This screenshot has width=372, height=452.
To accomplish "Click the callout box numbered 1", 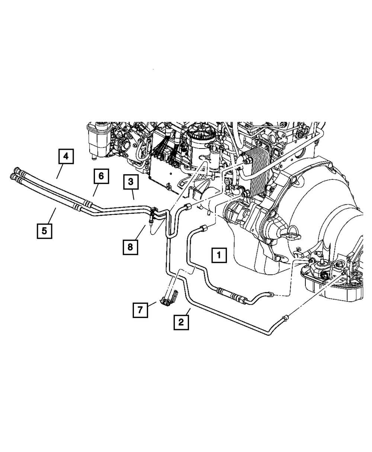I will pyautogui.click(x=219, y=255).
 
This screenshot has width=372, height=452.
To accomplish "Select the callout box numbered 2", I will pyautogui.click(x=181, y=322).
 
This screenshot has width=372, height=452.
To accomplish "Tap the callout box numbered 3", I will pyautogui.click(x=130, y=182).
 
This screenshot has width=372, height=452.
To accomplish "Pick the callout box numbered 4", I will pyautogui.click(x=65, y=156).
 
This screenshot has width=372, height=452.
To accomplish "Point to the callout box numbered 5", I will pyautogui.click(x=44, y=230).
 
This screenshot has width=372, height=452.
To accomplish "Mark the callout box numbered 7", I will pyautogui.click(x=140, y=310).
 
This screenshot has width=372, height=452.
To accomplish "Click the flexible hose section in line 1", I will pyautogui.click(x=231, y=295).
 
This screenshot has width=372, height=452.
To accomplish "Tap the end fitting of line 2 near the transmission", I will pyautogui.click(x=285, y=318).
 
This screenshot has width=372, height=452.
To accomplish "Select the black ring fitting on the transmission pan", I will pyautogui.click(x=324, y=276).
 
